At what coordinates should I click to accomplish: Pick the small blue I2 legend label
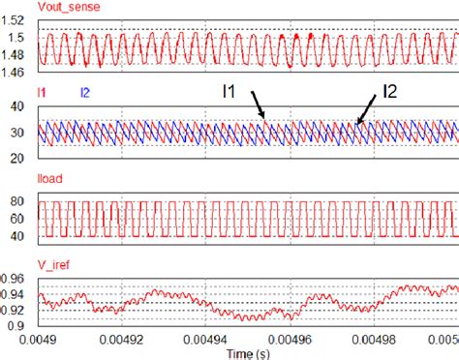point(84,92)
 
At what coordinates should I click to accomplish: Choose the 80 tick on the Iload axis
point(20,200)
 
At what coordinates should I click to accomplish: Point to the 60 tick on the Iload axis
point(20,219)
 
